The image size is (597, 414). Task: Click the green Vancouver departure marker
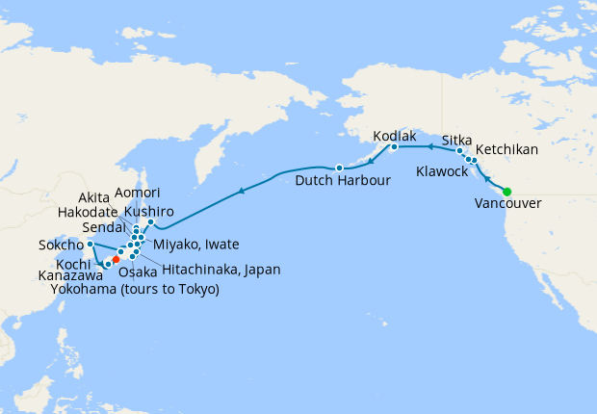click(506, 190)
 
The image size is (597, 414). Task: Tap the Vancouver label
click(507, 203)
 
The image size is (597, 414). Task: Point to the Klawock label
click(443, 171)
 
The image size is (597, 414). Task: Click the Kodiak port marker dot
click(394, 147)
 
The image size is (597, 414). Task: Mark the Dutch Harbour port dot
click(339, 168)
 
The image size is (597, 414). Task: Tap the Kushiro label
click(148, 210)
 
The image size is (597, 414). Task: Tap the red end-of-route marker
click(116, 259)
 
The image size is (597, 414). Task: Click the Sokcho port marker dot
click(90, 245)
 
